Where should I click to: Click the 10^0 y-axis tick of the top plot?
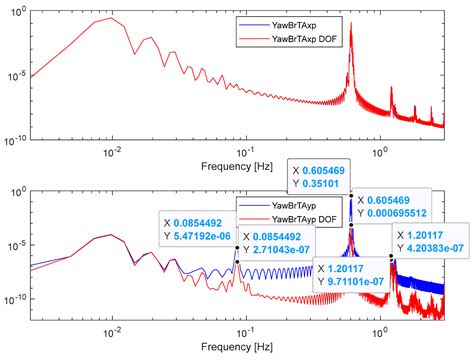click(x=19, y=14)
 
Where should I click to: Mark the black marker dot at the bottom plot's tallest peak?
click(x=350, y=195)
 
